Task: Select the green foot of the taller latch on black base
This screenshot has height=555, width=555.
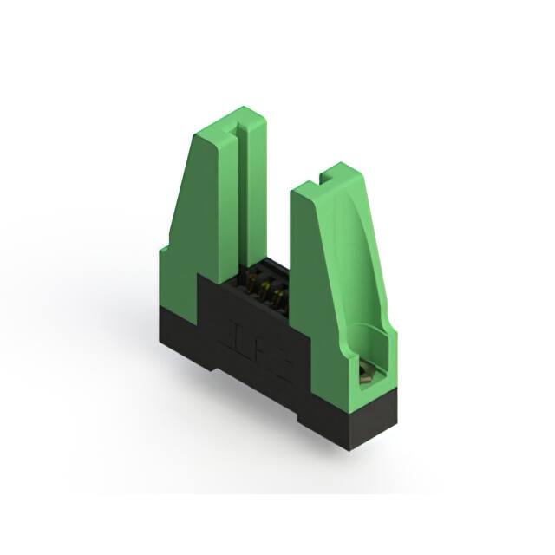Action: tap(178, 277)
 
